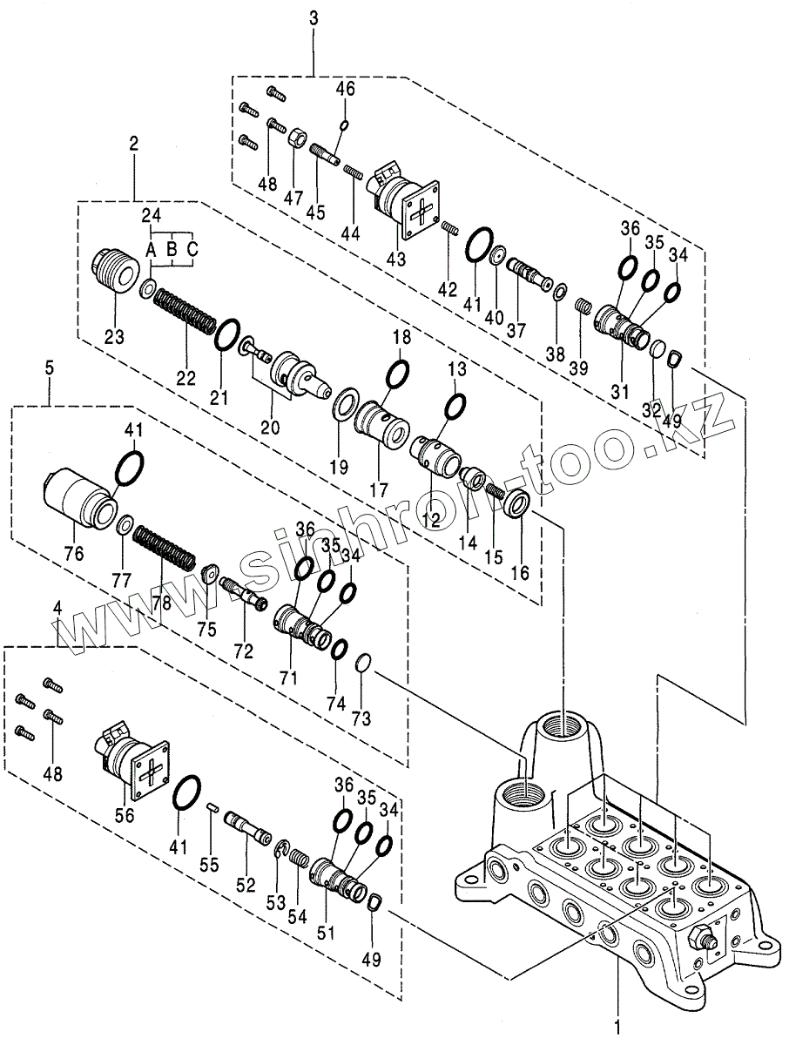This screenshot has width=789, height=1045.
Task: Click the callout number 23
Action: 115,336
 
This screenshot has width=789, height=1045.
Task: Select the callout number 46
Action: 346,88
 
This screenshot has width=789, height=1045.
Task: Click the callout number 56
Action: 125,814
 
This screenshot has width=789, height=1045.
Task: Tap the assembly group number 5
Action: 49,368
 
